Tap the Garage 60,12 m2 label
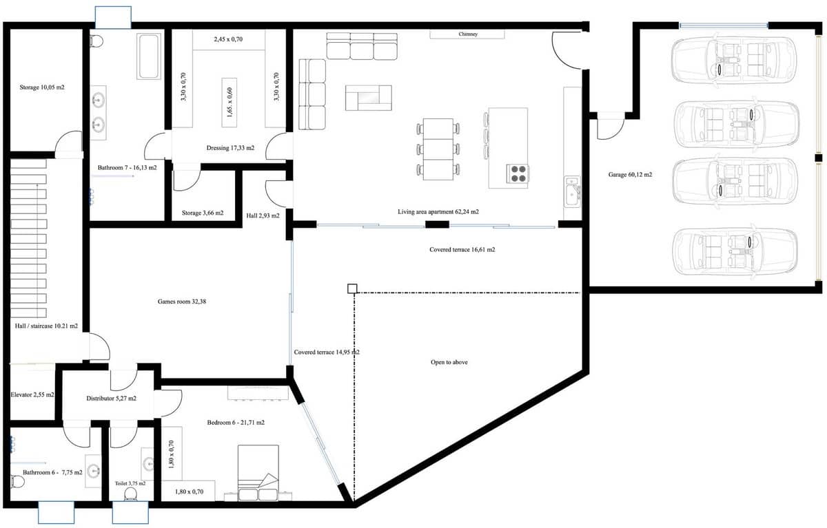coord(630,175)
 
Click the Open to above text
coord(449,362)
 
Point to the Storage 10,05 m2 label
coord(42,87)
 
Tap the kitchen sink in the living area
coord(571,191)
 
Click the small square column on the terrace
coord(352,288)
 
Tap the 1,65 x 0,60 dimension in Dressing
coord(230,103)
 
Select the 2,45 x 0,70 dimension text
coord(229,40)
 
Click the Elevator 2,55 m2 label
coord(32,395)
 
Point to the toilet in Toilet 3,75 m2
coord(132,493)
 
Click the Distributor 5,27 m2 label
coord(111,398)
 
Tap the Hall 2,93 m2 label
coord(263,215)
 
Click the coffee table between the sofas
coord(368,98)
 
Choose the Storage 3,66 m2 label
coord(203,213)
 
